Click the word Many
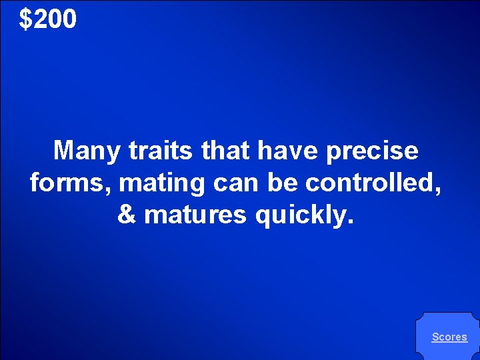pos(87,151)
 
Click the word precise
pos(372,151)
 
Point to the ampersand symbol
pos(126,215)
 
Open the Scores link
pos(449,337)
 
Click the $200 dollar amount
pos(48,20)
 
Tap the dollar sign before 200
pos(25,20)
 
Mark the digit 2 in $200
pos(39,20)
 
